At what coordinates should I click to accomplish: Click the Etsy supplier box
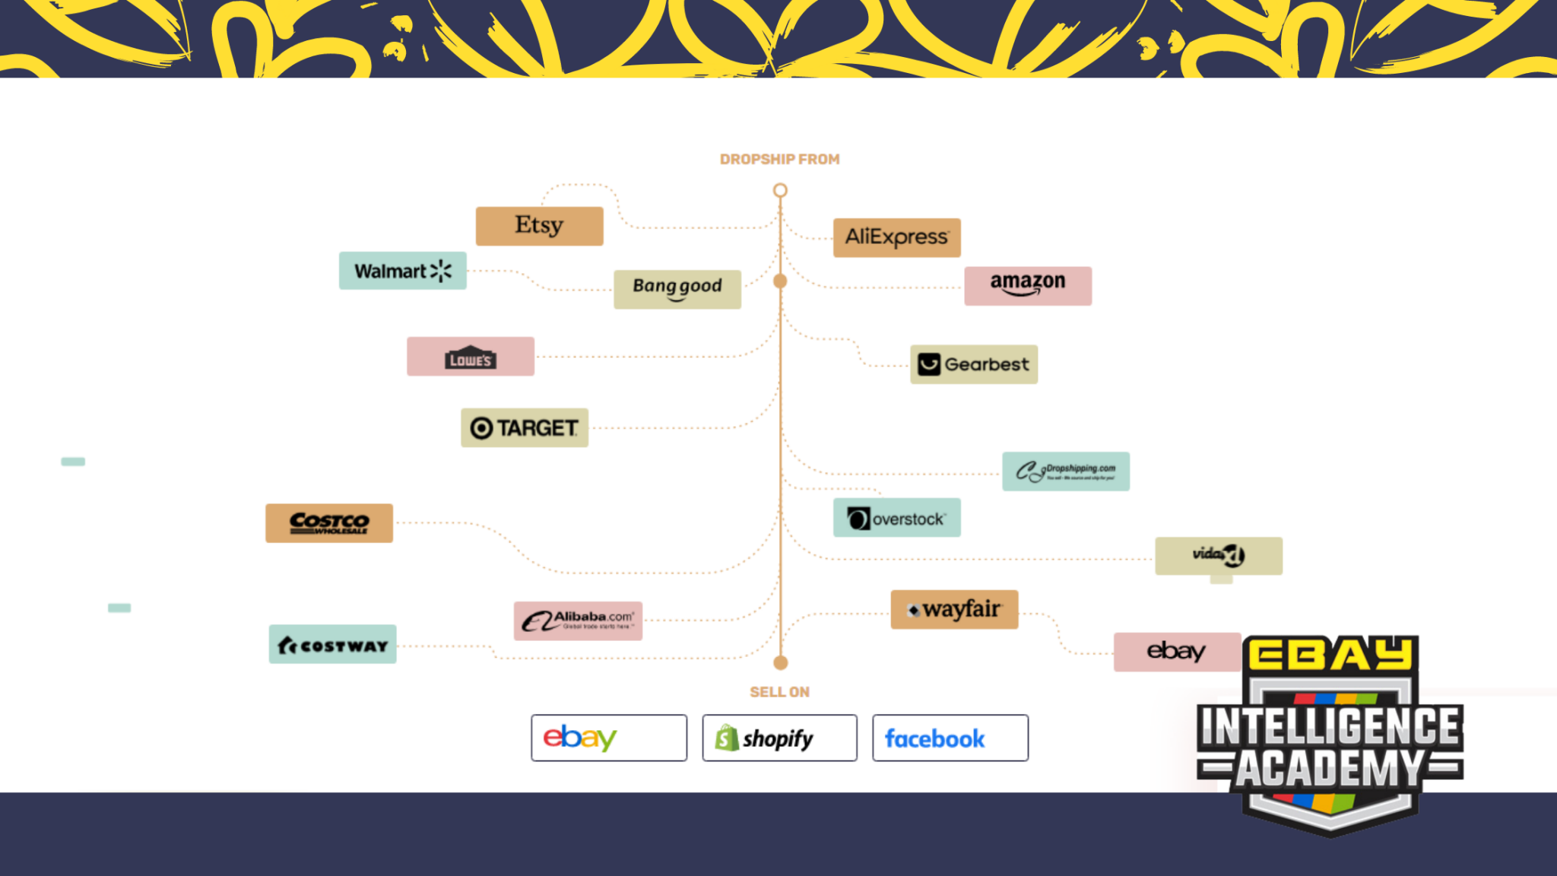(539, 226)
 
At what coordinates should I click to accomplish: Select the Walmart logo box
(402, 271)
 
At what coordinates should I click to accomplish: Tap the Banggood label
(677, 289)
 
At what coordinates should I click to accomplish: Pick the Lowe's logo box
(470, 357)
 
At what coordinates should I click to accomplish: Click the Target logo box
(524, 427)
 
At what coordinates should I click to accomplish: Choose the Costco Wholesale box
(328, 523)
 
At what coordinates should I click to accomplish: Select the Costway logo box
(332, 645)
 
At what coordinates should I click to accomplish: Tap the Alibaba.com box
(578, 620)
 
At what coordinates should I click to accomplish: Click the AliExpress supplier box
(896, 237)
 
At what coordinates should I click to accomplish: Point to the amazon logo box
(1027, 286)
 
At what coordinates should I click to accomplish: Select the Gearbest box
(973, 364)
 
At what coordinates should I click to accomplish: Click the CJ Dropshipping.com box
(1065, 471)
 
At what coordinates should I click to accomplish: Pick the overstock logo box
(896, 518)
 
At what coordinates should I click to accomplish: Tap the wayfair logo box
(954, 609)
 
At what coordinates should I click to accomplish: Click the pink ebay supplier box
(1176, 652)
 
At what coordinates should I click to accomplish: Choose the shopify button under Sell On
(779, 738)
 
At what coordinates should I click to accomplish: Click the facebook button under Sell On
(950, 738)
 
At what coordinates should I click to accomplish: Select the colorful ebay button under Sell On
(608, 738)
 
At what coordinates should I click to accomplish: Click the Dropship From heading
(779, 160)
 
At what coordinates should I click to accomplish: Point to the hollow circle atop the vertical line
(780, 190)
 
